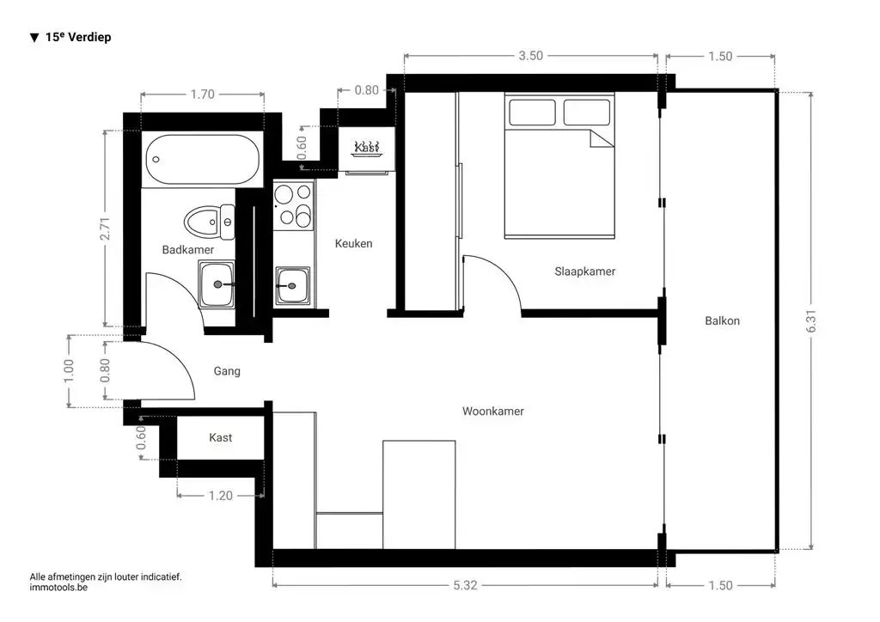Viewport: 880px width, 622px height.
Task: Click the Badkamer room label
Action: point(188,250)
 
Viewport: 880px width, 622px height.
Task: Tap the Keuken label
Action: point(353,243)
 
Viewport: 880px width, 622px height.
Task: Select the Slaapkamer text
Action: point(584,271)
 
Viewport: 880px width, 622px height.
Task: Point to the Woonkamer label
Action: point(492,412)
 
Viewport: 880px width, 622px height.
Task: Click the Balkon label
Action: point(722,320)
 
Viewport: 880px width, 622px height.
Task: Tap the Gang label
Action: point(227,371)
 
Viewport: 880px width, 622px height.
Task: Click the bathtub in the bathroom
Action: point(202,160)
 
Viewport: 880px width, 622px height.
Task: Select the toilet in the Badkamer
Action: point(210,223)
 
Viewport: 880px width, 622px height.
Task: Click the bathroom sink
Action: point(217,285)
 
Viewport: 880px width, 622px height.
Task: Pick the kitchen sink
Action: point(292,286)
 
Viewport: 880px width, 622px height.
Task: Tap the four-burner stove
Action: point(293,205)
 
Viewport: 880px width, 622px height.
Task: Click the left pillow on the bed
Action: point(532,113)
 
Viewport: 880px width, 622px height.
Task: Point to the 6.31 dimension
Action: point(811,320)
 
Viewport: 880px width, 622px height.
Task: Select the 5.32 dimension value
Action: point(465,586)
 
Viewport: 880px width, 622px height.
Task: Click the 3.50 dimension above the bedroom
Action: point(530,56)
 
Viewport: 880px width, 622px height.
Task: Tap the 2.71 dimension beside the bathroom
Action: point(105,229)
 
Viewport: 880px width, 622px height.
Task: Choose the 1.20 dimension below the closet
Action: point(221,496)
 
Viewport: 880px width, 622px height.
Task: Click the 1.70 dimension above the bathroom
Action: point(202,95)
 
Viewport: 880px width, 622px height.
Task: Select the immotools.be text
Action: point(58,588)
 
